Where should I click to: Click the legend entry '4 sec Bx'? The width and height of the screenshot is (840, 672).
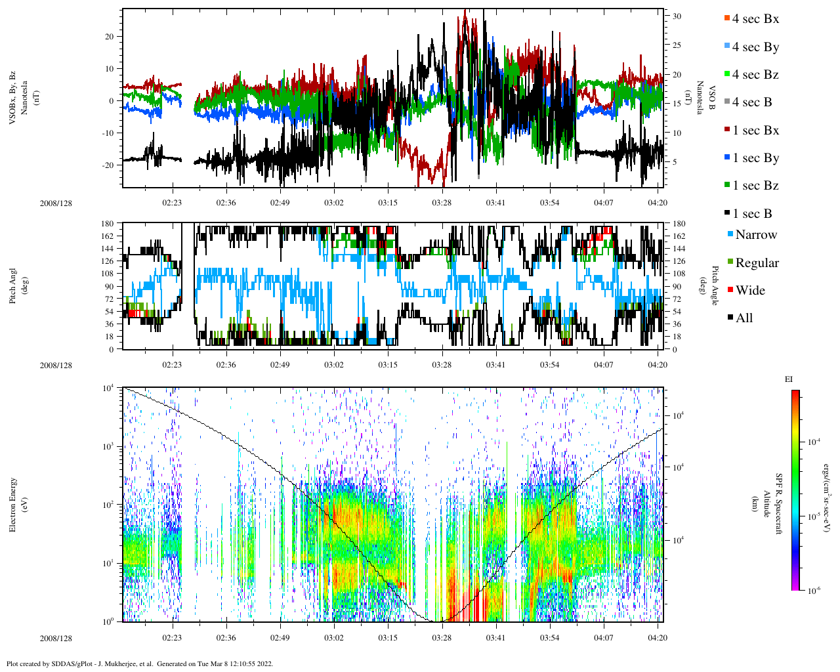point(755,19)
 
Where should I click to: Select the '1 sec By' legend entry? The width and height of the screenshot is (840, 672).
point(755,158)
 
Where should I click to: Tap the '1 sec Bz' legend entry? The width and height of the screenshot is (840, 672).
point(755,186)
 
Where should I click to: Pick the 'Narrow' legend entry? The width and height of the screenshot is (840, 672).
point(755,235)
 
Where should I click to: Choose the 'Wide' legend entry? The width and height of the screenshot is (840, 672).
point(749,291)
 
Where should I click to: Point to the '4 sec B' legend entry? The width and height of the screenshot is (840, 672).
point(751,102)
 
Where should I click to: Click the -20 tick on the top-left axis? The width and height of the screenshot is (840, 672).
point(109,165)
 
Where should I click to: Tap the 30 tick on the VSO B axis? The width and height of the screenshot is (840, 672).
point(677,16)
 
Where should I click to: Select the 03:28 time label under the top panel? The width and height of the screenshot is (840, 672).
point(442,203)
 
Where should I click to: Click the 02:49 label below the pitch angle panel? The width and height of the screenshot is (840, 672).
point(280,365)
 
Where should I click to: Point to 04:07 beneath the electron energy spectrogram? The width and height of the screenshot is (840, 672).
point(604,638)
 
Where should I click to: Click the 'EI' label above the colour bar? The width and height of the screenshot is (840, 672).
point(789,379)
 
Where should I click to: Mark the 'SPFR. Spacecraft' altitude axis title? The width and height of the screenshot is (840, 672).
point(779,503)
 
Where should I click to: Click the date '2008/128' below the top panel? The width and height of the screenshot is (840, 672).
point(56,203)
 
